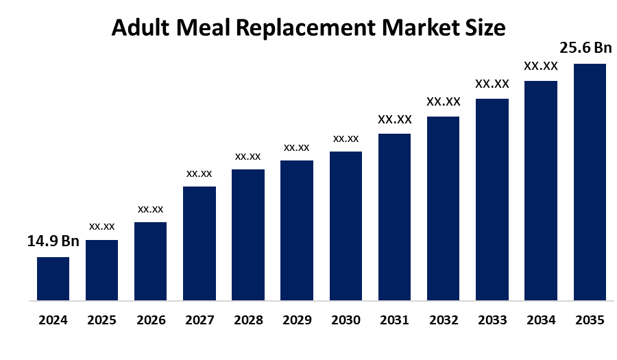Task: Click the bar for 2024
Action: (x=53, y=278)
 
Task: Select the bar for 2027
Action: (x=199, y=243)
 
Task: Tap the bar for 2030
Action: (x=346, y=226)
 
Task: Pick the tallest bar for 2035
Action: (x=590, y=182)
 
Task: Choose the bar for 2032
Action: (x=443, y=208)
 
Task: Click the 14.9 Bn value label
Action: (x=53, y=241)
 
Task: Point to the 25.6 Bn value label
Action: (x=586, y=48)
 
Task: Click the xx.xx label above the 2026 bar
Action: (x=151, y=208)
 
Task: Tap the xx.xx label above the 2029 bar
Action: (x=297, y=147)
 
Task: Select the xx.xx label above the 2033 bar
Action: (x=492, y=84)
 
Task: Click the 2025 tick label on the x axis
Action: (x=101, y=320)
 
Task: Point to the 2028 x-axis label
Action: (x=248, y=320)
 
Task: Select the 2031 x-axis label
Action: (x=394, y=320)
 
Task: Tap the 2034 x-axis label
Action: (x=541, y=320)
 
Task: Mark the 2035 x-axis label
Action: (x=590, y=320)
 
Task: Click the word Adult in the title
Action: (x=141, y=28)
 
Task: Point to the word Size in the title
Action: (x=485, y=28)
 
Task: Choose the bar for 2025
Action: (x=101, y=270)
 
